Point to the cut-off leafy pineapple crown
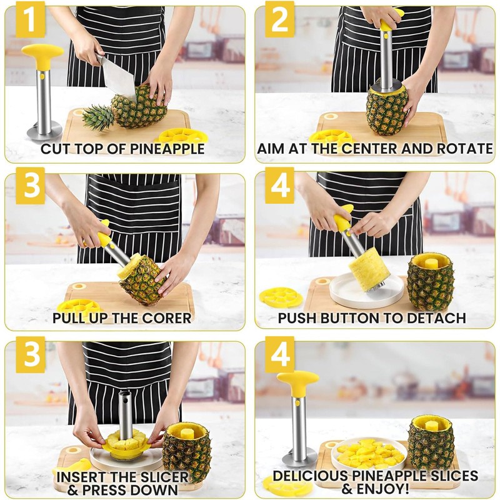98,116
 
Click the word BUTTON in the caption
356,318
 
